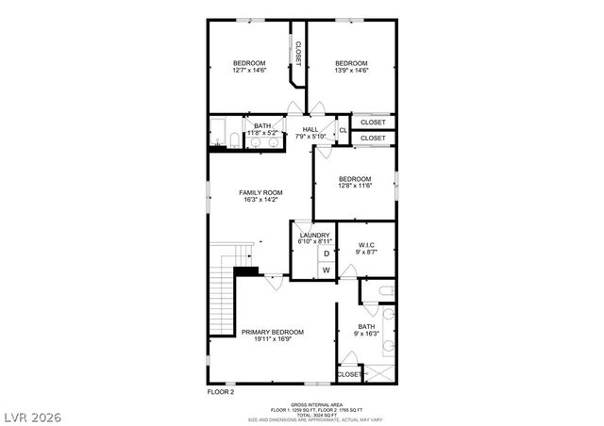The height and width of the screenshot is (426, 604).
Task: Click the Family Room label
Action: [x=260, y=192]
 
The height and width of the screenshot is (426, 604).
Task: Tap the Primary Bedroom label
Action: [x=273, y=332]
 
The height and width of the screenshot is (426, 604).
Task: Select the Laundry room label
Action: [x=314, y=235]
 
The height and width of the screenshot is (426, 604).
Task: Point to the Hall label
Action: [x=310, y=129]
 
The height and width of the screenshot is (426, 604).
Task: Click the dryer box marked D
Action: [x=327, y=254]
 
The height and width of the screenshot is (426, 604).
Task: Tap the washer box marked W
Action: [x=327, y=270]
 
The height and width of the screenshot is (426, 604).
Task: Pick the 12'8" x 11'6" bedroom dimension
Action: [x=355, y=186]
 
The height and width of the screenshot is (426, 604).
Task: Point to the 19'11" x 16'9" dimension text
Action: [x=273, y=339]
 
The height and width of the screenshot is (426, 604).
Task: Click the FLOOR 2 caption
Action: [x=220, y=390]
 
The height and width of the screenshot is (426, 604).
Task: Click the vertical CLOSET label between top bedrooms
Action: [x=298, y=53]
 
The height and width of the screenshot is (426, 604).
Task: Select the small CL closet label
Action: [x=343, y=129]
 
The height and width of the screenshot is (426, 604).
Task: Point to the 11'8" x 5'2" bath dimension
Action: [x=262, y=133]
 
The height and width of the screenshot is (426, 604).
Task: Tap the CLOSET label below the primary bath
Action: [x=349, y=374]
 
